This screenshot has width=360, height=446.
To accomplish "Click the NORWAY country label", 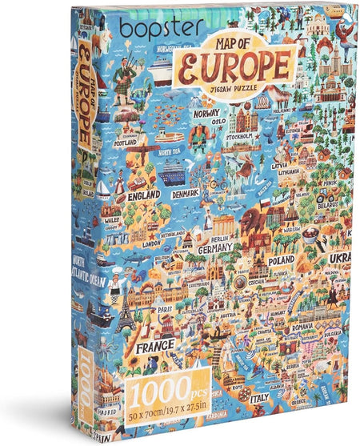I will pyautogui.click(x=206, y=113).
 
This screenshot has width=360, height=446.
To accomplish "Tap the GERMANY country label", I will pyautogui.click(x=216, y=248).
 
